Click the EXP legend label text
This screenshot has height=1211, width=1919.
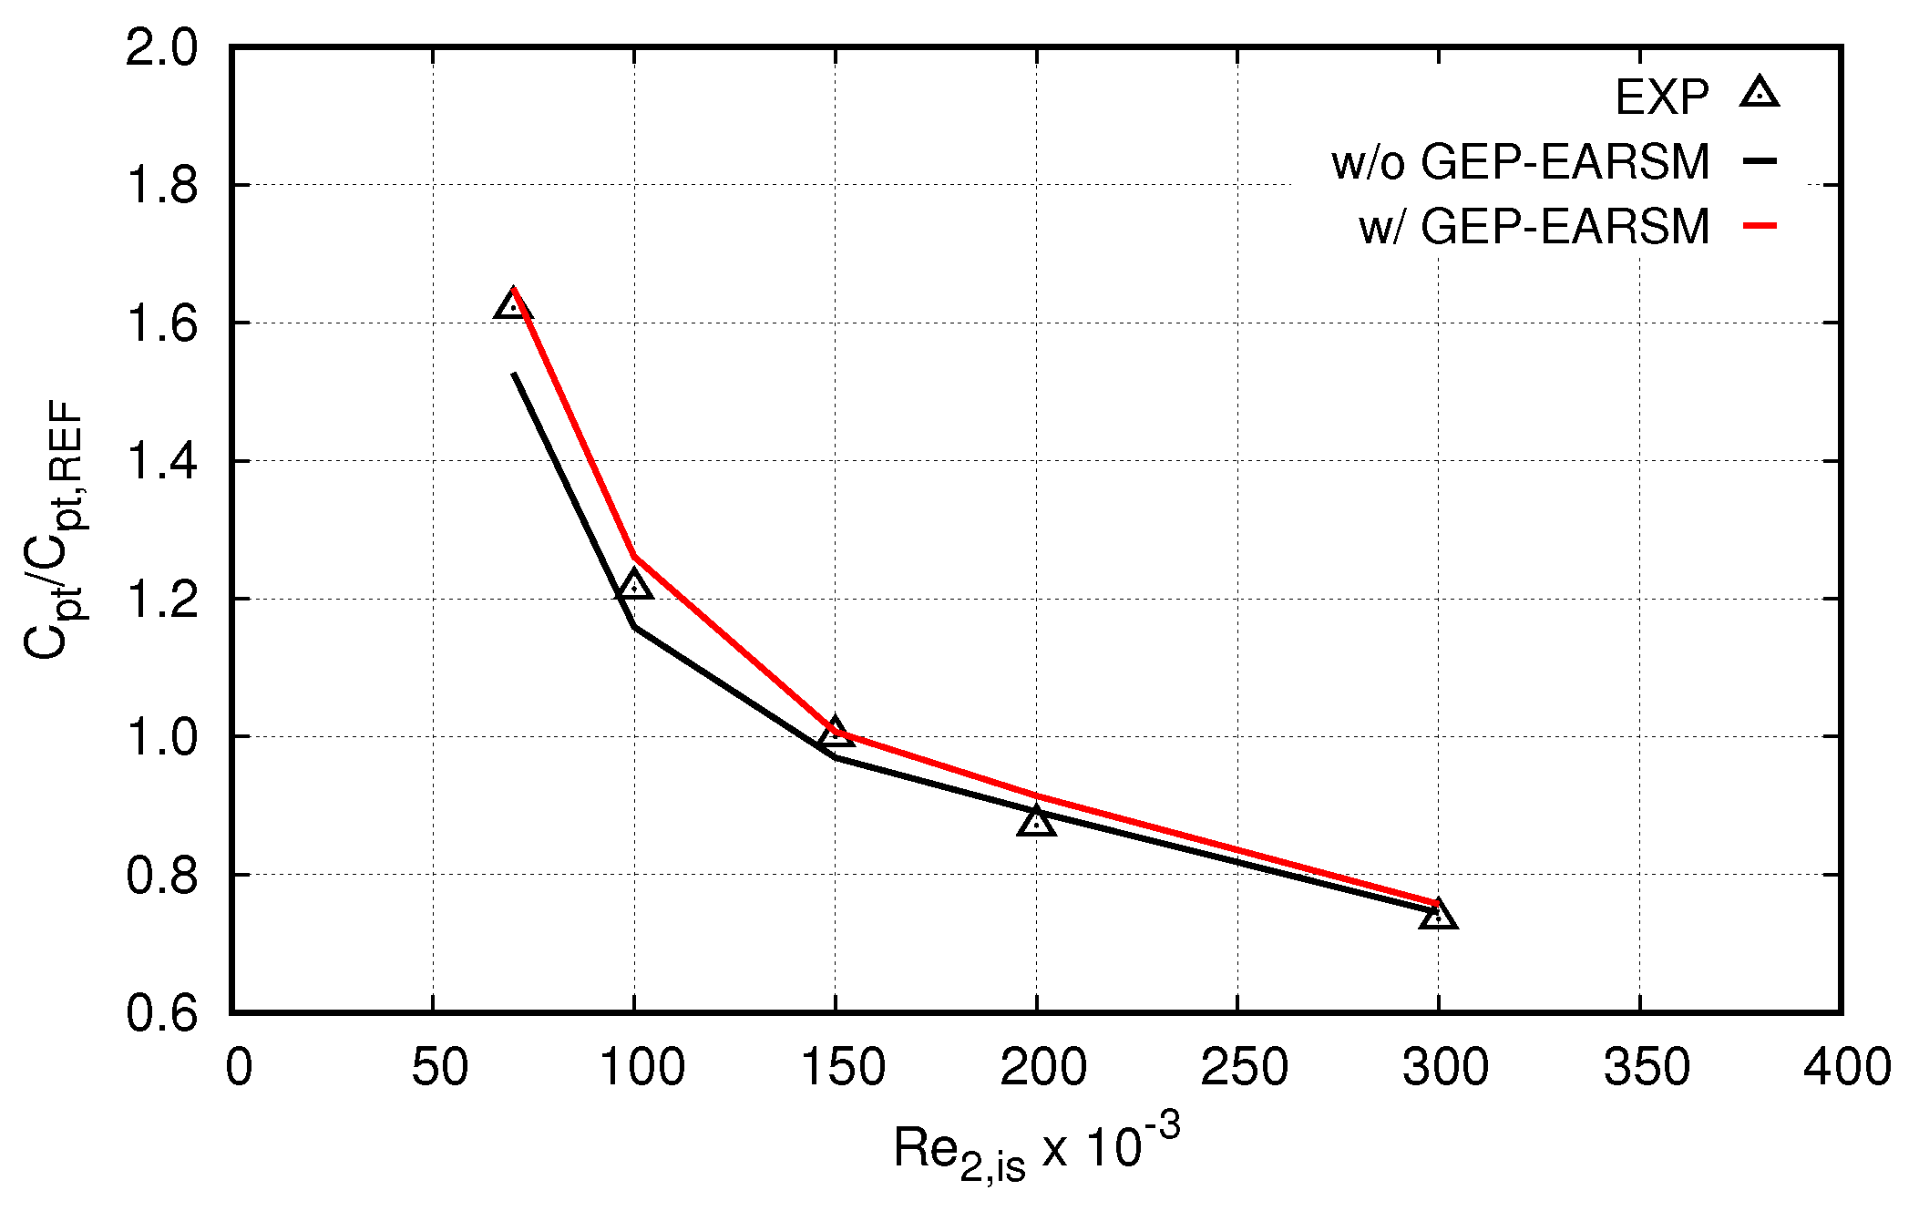click(x=1661, y=97)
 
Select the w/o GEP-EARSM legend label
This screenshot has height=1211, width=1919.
click(x=1520, y=162)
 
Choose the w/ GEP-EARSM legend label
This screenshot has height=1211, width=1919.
click(x=1534, y=226)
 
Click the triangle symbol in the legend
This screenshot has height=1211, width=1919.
click(x=1760, y=94)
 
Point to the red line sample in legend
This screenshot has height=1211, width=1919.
click(x=1760, y=225)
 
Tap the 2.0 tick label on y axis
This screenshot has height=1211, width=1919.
click(x=161, y=47)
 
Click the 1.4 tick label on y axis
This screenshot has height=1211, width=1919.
click(x=161, y=461)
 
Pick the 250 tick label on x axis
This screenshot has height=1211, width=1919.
click(x=1244, y=1067)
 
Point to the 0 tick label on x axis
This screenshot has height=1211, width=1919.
click(x=239, y=1067)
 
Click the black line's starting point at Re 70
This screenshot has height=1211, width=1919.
click(x=514, y=374)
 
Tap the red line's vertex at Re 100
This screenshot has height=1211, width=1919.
click(x=634, y=556)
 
